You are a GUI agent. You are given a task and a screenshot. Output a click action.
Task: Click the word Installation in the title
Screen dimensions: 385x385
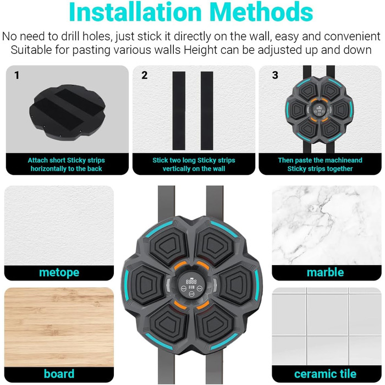[x=135, y=12]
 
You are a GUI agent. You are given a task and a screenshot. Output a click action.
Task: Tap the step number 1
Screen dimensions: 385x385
[x=16, y=75]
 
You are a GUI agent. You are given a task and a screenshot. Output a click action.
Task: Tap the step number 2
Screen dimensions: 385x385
[x=144, y=75]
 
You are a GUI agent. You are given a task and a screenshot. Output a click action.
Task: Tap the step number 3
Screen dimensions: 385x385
[x=275, y=75]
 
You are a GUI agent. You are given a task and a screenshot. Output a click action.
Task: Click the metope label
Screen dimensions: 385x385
[x=59, y=272]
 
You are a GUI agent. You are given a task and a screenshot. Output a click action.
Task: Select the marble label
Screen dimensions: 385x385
[x=325, y=272]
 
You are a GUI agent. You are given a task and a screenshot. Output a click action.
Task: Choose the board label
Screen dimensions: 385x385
[x=59, y=373]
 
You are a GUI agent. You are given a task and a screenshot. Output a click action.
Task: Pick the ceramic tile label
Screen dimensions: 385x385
[x=325, y=374]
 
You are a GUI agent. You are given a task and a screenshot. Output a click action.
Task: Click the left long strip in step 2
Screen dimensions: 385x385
[x=179, y=111]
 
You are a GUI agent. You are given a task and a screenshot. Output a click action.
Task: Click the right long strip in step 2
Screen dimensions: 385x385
[x=207, y=111]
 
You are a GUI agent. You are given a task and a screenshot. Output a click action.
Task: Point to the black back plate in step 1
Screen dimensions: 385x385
[x=67, y=112]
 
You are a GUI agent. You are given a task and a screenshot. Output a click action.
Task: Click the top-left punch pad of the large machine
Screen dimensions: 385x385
[x=168, y=245]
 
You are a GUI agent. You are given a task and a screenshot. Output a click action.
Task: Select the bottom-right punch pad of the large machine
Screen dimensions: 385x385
[x=214, y=324]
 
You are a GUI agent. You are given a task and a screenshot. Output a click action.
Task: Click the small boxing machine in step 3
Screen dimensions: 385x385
[x=319, y=110]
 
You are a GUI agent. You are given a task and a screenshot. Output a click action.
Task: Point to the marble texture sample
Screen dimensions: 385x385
[x=327, y=225]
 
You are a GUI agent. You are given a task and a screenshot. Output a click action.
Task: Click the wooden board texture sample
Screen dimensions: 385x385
[x=59, y=327]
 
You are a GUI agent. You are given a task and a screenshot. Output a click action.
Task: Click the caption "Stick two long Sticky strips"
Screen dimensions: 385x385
[x=194, y=161]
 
